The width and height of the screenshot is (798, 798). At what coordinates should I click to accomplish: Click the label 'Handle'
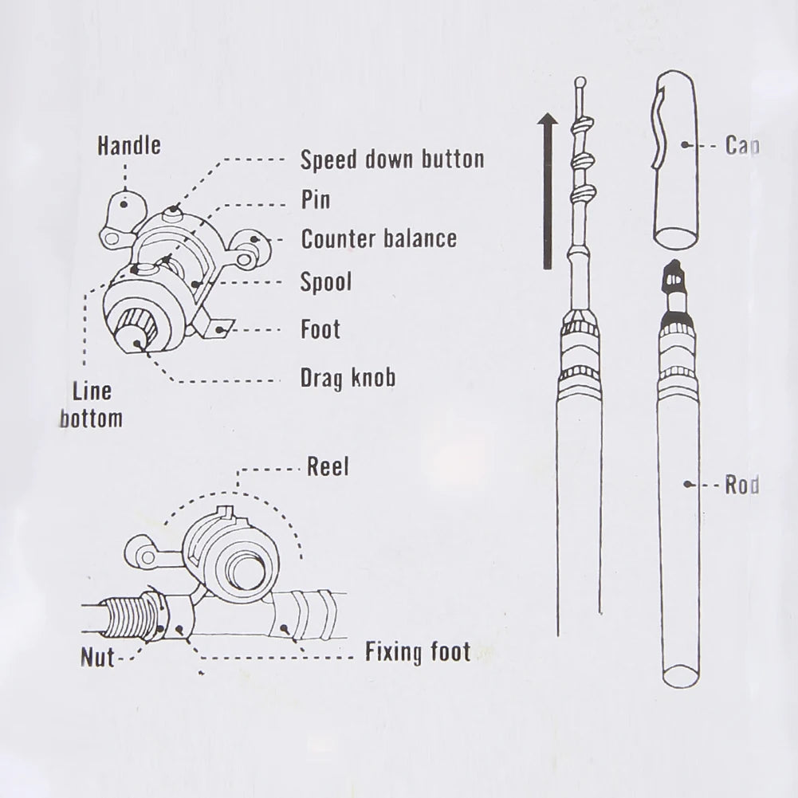[128, 145]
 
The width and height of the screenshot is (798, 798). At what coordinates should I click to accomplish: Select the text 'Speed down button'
[391, 159]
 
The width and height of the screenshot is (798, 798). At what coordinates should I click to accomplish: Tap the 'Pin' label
[315, 199]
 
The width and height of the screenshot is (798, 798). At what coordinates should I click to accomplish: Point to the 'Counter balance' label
[379, 238]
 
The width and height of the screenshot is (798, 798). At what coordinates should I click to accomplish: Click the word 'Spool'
[325, 281]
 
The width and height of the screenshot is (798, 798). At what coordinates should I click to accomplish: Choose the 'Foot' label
[320, 328]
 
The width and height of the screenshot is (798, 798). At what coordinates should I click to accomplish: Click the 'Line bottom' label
[91, 405]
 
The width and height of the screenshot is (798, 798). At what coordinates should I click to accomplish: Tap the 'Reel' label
[328, 467]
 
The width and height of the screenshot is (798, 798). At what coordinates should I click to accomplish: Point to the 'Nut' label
[97, 658]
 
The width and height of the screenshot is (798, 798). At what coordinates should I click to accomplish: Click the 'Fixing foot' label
[418, 653]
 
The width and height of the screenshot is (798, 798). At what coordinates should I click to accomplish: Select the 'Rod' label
[741, 485]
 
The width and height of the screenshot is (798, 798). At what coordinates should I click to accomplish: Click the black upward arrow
[547, 191]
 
